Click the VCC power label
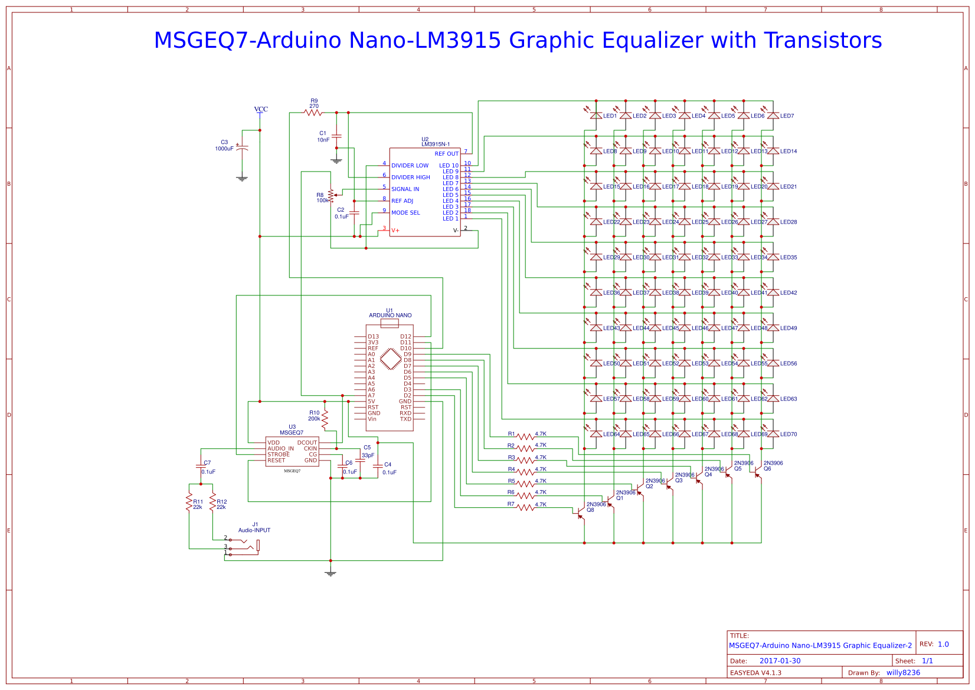point(261,109)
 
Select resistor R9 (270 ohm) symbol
point(313,112)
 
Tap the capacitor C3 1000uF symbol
point(242,147)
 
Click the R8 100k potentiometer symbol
point(331,195)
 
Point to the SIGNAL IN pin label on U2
point(405,189)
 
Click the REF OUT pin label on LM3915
point(446,154)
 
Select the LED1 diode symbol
point(596,116)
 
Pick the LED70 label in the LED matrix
point(788,434)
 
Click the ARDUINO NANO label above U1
point(390,316)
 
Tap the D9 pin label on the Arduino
point(407,354)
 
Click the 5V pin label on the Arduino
point(371,402)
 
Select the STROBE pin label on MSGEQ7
point(279,455)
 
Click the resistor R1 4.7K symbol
point(525,437)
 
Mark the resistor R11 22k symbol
point(189,502)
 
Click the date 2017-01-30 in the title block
point(780,661)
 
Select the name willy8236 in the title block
point(903,673)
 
